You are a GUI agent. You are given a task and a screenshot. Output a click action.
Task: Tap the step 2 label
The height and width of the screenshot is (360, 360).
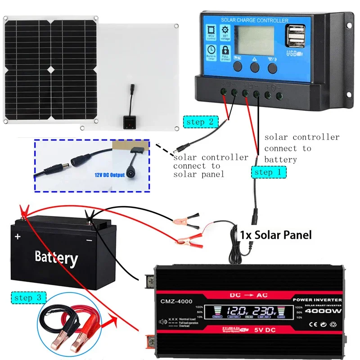click(201, 121)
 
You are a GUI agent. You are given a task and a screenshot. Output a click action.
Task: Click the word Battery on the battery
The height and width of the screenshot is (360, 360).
click(56, 257)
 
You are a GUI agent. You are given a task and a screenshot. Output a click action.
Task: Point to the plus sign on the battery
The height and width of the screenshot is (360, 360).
click(18, 237)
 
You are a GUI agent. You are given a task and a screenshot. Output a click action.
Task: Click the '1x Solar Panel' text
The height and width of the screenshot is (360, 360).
click(275, 234)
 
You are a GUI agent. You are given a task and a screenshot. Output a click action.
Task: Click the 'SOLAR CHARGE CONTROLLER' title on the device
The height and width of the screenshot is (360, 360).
click(255, 20)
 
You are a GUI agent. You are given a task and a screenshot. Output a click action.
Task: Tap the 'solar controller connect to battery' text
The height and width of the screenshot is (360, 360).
click(301, 148)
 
